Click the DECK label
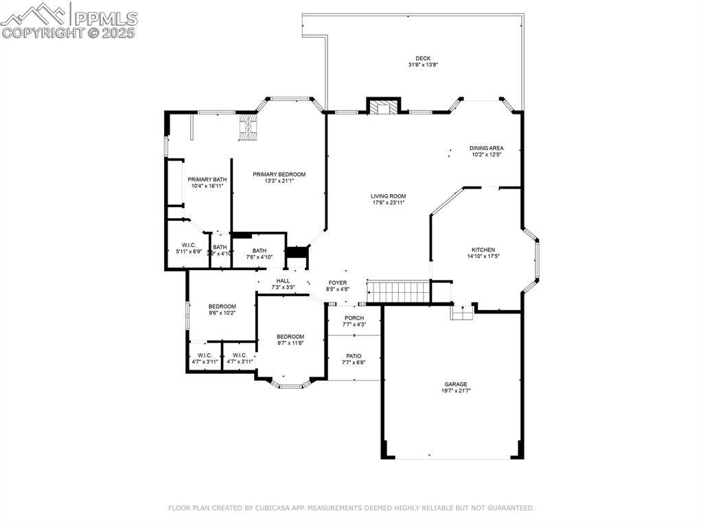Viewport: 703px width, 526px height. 423,58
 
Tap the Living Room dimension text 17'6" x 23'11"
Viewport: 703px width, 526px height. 389,203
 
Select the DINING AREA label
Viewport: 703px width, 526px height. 486,148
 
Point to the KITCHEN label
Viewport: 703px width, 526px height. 483,250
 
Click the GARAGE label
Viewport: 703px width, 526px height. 455,384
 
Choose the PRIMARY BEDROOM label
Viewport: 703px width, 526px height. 279,174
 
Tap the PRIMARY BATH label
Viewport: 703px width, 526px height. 207,180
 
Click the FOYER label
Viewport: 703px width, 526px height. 337,283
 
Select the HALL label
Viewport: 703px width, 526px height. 283,280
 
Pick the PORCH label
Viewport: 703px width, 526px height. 354,318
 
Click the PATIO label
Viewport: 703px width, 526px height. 354,356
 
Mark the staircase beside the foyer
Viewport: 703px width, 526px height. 398,291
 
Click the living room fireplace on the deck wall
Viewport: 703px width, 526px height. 383,107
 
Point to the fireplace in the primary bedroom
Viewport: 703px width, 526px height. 248,127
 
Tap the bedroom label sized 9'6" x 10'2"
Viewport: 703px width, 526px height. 222,307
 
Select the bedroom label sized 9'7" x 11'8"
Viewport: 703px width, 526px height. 290,336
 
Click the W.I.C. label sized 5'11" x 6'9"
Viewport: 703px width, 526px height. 189,245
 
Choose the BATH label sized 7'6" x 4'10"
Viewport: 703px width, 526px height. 259,250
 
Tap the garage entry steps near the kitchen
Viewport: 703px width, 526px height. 461,313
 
